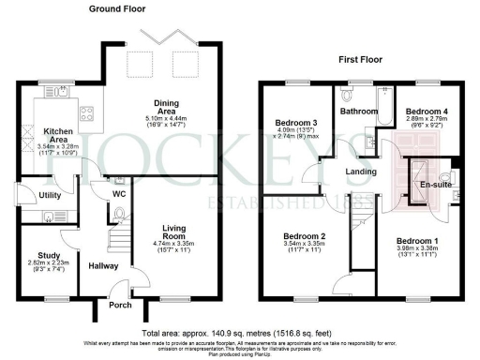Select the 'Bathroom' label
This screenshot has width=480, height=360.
point(358,111)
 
